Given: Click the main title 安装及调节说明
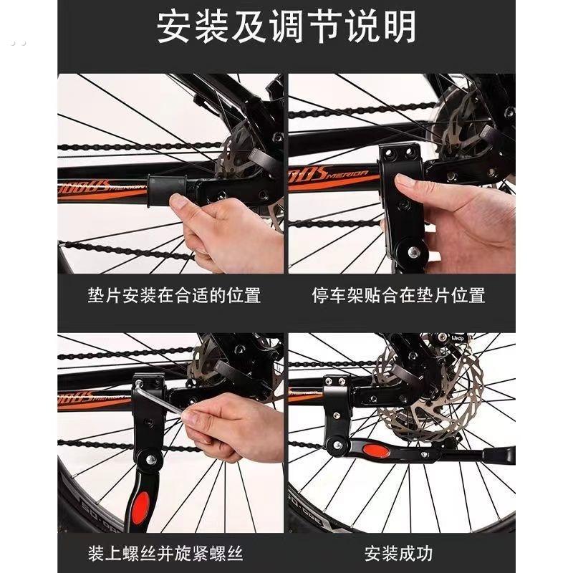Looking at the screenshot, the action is (286, 27).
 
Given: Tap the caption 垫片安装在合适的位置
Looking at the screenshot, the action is (174, 295).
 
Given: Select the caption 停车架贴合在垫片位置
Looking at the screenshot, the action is (399, 295).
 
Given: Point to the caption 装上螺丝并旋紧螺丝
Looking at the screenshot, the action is (165, 554).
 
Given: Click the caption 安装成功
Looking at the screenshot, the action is (399, 554).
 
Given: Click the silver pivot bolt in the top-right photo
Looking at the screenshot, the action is (413, 251).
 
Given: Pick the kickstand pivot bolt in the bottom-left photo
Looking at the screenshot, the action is (150, 459).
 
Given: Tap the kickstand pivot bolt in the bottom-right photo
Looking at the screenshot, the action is (337, 445).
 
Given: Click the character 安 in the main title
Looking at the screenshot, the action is (173, 27).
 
